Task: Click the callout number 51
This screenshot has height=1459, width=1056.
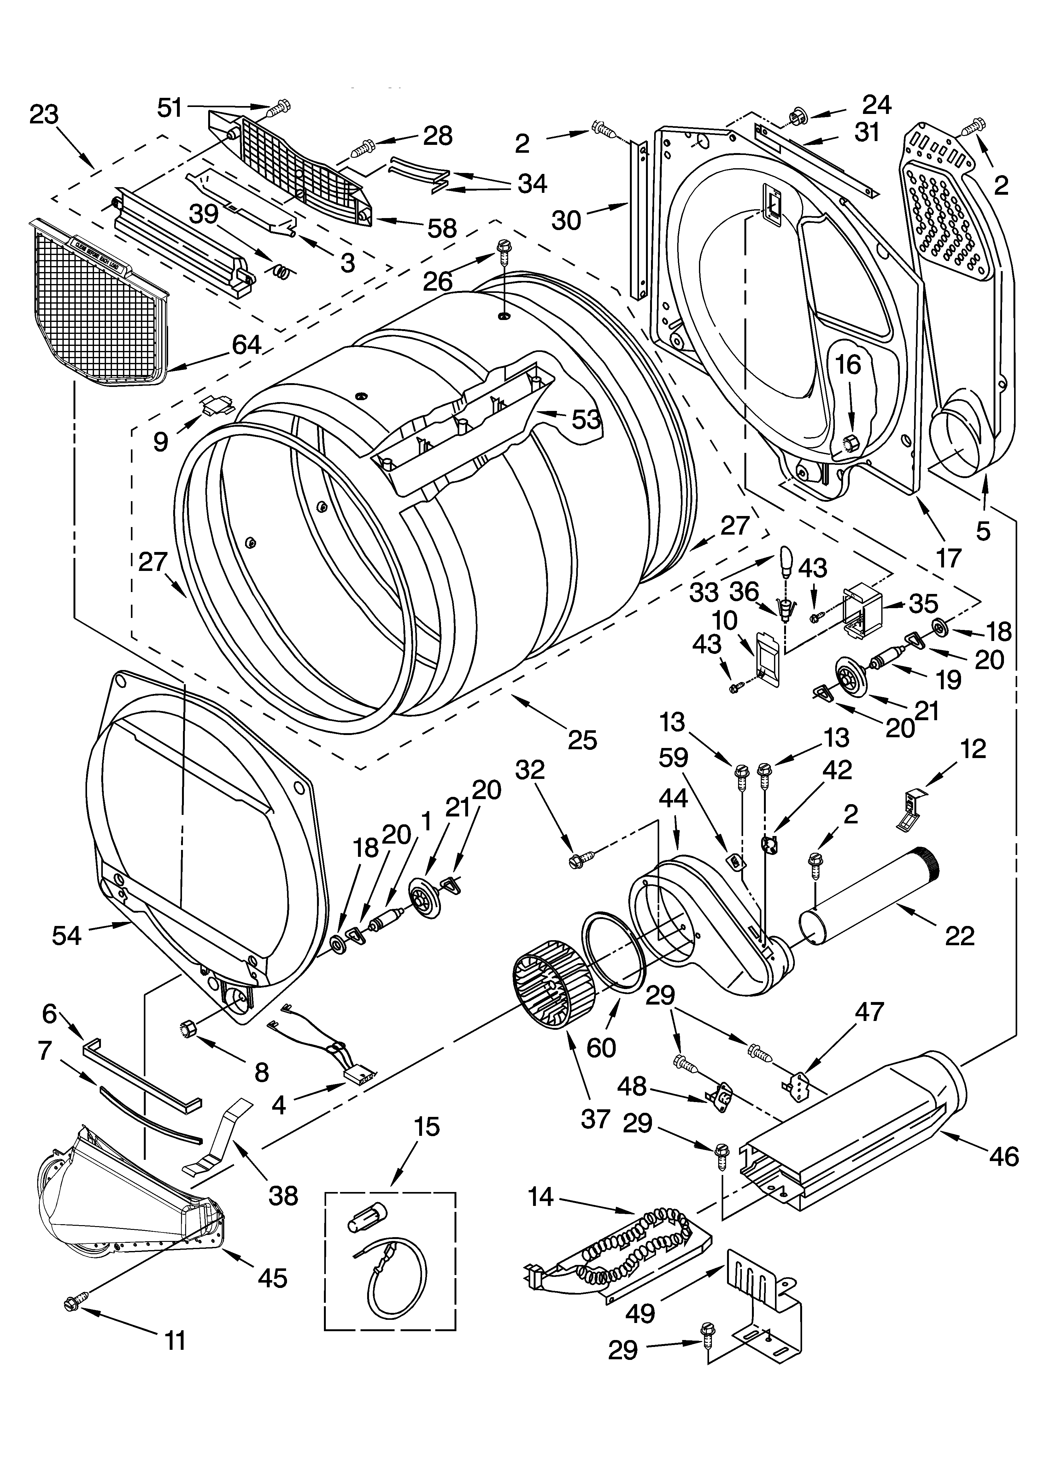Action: pyautogui.click(x=170, y=108)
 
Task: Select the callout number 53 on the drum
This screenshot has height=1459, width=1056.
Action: pyautogui.click(x=586, y=420)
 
